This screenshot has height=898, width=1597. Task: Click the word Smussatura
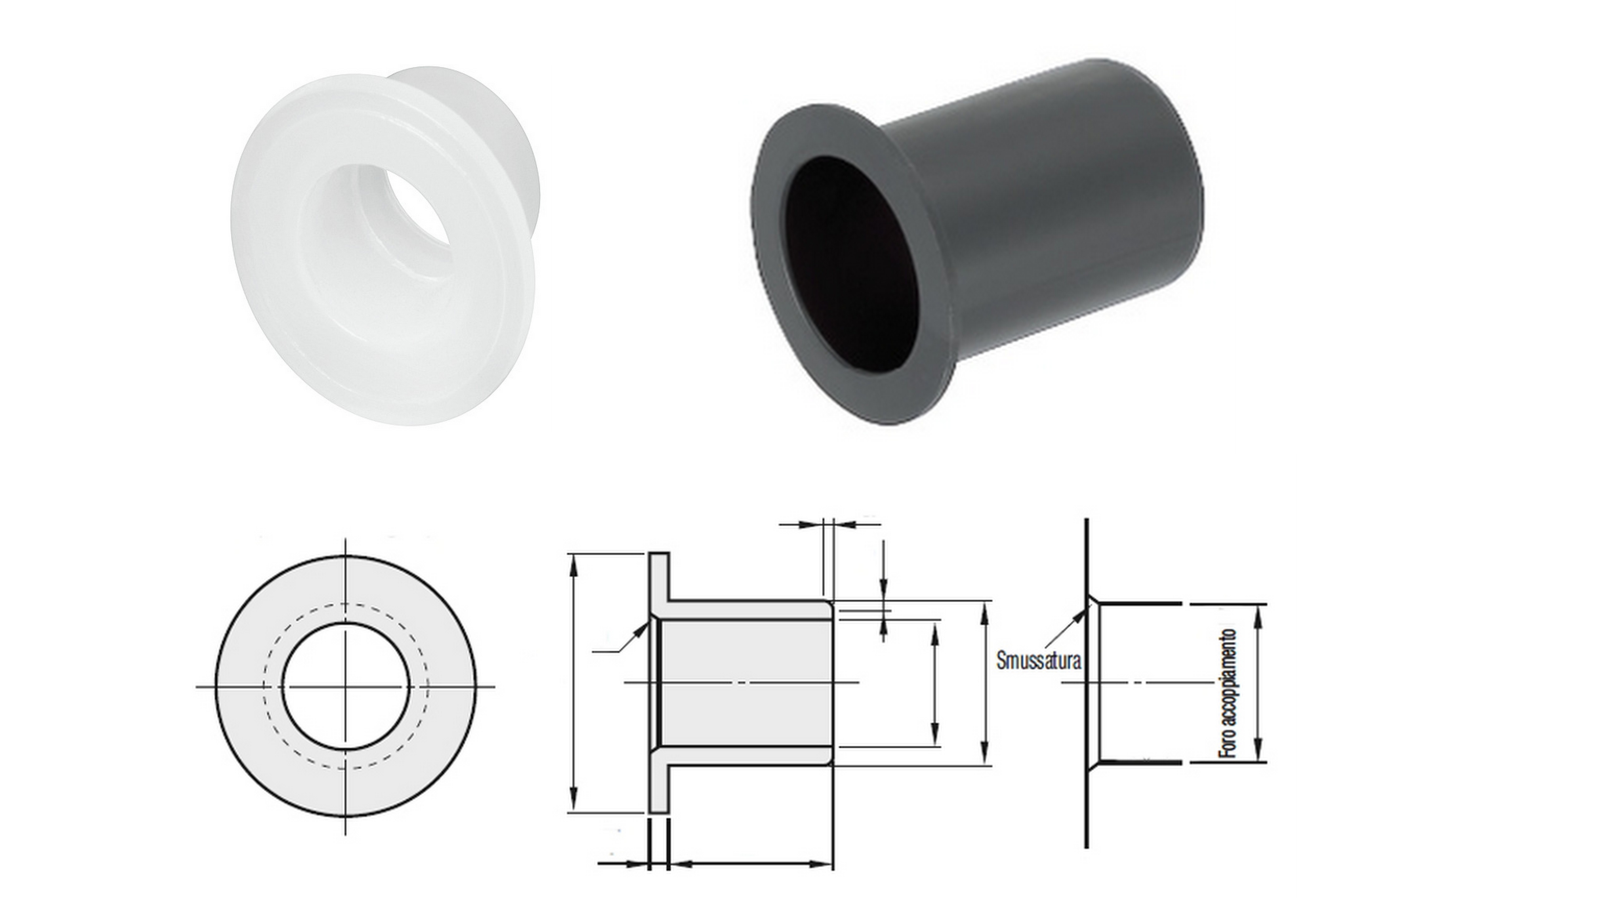[1038, 659]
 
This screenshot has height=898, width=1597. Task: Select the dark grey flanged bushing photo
[976, 242]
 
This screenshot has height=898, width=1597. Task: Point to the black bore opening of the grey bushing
[851, 263]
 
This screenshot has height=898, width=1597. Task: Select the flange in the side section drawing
[659, 683]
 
